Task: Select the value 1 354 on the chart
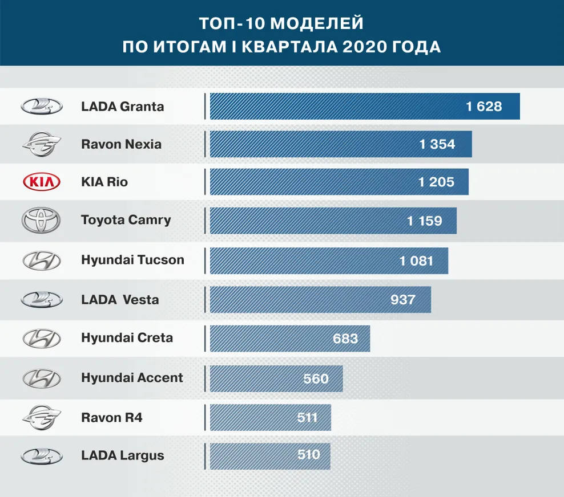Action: (437, 144)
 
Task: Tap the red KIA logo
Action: (41, 182)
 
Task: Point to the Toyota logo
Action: (41, 221)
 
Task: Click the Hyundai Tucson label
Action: (132, 260)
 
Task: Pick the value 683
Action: (345, 339)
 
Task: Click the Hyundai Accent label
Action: (132, 377)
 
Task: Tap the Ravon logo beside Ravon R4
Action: (41, 418)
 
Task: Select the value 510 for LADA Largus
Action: (309, 455)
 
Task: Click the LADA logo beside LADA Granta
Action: (41, 107)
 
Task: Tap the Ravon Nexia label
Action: (121, 144)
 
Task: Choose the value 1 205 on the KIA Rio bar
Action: (436, 182)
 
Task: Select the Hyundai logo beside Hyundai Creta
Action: (41, 339)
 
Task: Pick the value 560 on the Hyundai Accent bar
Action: (316, 378)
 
